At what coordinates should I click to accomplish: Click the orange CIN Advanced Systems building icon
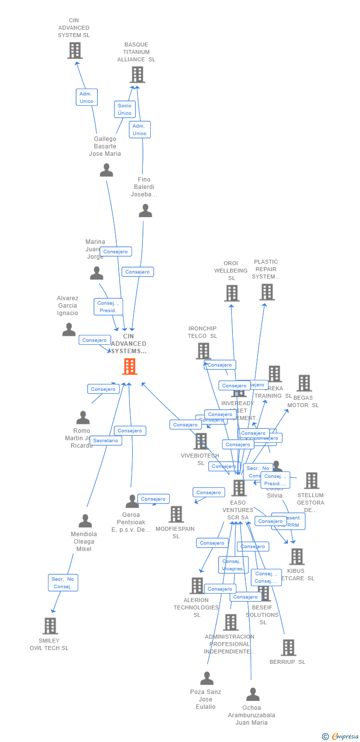[x=130, y=367]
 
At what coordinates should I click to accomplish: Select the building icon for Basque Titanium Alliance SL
[x=137, y=75]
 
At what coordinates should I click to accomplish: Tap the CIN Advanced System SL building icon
[x=75, y=50]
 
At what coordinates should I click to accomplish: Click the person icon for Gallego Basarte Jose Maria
[x=106, y=170]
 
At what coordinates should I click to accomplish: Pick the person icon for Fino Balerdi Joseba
[x=145, y=211]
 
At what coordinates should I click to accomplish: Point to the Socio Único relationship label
[x=125, y=109]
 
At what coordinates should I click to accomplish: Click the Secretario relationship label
[x=106, y=440]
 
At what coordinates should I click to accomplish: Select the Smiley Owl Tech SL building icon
[x=50, y=626]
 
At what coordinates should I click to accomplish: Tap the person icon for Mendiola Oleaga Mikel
[x=85, y=521]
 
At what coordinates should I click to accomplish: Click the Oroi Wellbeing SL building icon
[x=231, y=293]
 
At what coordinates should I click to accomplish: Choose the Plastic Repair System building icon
[x=267, y=292]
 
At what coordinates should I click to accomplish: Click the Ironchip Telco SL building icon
[x=203, y=351]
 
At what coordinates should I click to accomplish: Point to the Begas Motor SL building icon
[x=304, y=383]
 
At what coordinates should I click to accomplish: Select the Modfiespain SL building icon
[x=176, y=514]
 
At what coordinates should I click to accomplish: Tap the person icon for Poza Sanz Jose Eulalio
[x=207, y=678]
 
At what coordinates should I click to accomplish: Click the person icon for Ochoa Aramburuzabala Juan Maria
[x=253, y=695]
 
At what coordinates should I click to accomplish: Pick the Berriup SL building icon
[x=288, y=648]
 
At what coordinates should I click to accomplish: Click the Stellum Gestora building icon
[x=312, y=480]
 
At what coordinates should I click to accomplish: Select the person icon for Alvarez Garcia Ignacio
[x=69, y=329]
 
